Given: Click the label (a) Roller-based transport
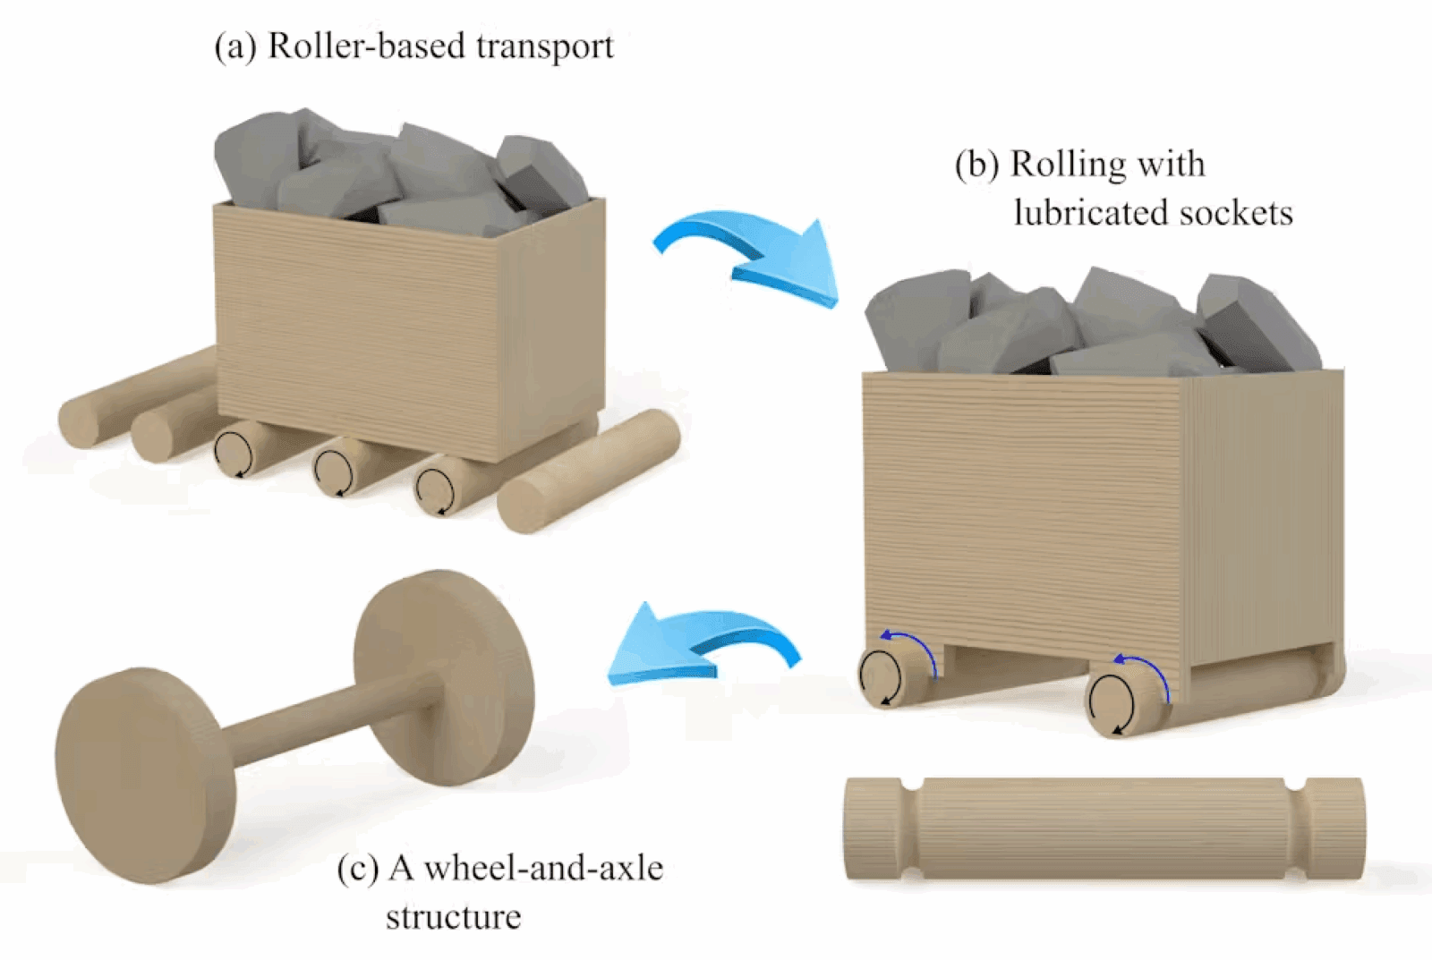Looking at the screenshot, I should [x=413, y=47].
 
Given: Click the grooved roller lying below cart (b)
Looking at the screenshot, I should [x=1104, y=828].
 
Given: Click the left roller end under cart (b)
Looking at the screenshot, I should [x=882, y=676].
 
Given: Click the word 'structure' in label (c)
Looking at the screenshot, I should [x=453, y=917].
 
